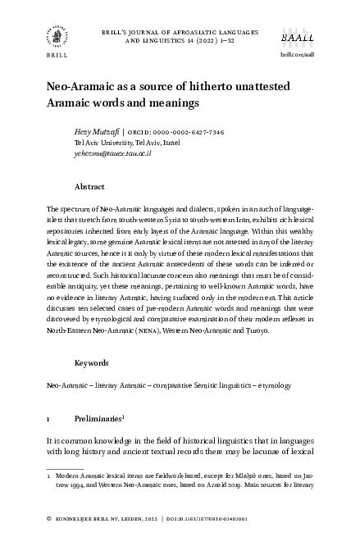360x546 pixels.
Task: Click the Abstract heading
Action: coord(89,186)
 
